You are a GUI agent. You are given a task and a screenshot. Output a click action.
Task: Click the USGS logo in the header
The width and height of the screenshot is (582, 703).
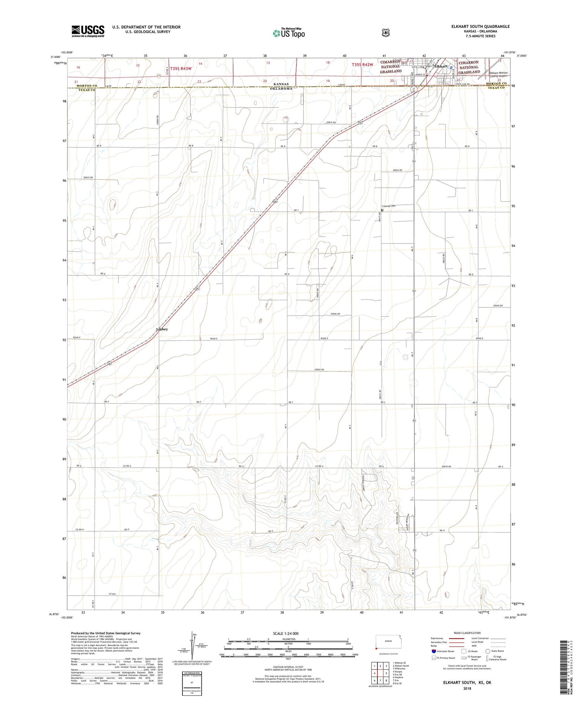[88, 31]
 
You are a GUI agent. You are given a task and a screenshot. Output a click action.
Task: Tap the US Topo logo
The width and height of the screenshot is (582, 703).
[289, 33]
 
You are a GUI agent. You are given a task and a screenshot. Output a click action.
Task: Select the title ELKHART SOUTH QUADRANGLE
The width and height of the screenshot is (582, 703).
[480, 26]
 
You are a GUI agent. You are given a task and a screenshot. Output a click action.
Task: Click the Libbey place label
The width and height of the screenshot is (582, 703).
[162, 329]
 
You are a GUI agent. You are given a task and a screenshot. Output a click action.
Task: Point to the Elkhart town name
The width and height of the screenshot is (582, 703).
[441, 66]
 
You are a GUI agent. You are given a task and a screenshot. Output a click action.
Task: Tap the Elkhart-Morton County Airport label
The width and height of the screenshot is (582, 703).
[498, 74]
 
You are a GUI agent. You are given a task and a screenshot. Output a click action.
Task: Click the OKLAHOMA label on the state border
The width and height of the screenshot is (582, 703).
[281, 89]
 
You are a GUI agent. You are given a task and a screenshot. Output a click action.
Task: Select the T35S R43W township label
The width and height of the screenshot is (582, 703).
[181, 69]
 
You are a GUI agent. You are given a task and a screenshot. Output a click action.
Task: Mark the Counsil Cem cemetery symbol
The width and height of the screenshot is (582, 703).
[382, 210]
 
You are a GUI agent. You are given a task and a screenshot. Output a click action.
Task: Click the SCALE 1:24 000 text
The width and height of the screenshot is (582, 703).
[286, 634]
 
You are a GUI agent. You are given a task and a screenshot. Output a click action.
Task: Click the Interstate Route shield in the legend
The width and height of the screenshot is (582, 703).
[434, 651]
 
